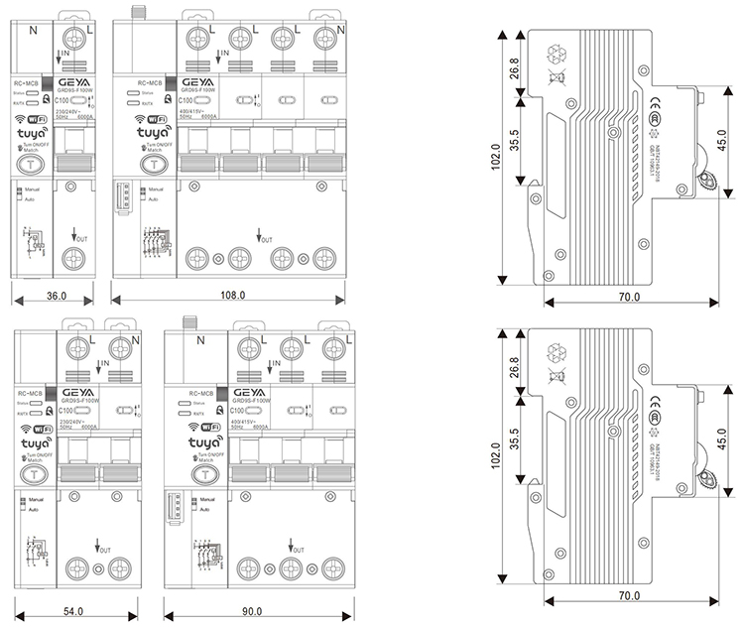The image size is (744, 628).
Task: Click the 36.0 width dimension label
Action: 57,295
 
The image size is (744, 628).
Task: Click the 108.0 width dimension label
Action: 232,295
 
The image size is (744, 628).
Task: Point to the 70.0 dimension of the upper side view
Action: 630,297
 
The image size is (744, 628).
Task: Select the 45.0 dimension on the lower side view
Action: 721,436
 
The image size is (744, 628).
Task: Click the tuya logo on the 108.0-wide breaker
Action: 153,132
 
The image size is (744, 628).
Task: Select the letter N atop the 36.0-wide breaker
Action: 35,30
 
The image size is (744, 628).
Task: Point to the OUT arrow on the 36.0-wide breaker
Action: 78,237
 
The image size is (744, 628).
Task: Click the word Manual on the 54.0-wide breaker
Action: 37,501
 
